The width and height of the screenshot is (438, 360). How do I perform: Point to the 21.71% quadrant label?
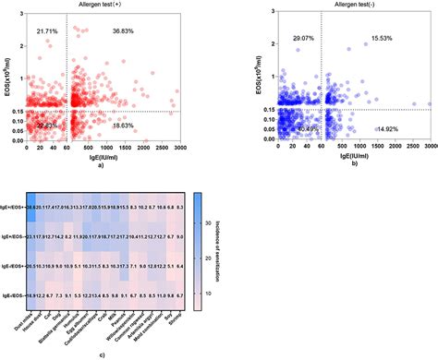point(47,31)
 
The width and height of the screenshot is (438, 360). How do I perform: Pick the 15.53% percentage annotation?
point(381,39)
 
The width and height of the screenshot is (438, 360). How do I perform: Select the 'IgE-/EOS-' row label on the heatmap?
point(13,293)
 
